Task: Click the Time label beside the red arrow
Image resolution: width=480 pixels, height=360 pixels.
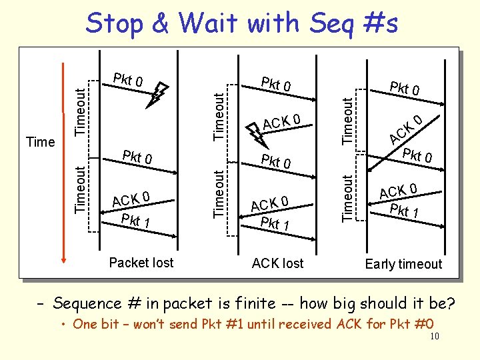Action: point(40,142)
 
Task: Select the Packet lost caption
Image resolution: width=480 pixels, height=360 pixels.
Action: point(141,263)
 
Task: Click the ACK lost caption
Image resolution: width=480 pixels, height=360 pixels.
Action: point(277,263)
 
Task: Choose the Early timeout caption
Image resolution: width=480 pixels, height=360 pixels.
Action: point(403,264)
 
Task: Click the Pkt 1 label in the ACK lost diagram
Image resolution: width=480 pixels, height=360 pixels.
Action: point(274,223)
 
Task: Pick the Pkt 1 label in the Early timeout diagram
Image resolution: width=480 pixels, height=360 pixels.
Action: point(404,213)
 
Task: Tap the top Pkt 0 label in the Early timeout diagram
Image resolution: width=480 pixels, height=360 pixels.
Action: point(405,89)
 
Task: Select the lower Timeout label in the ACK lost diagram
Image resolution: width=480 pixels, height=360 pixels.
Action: point(218,193)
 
